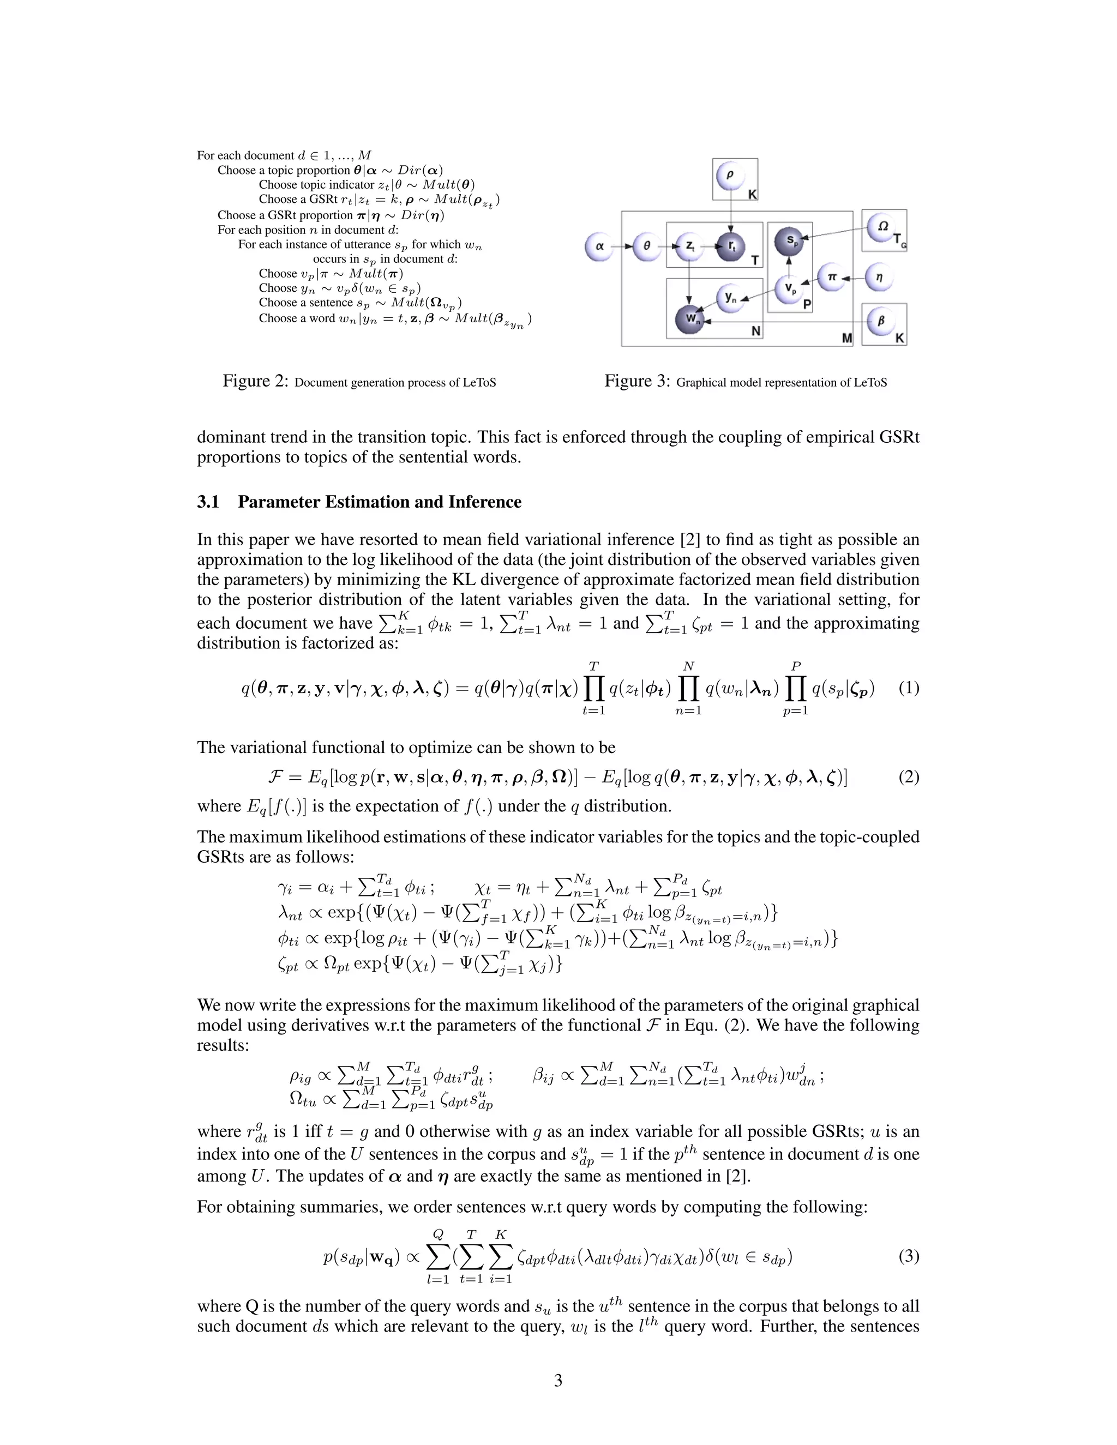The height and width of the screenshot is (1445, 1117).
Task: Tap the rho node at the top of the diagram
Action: (x=730, y=176)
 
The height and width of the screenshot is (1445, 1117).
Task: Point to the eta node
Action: (x=879, y=278)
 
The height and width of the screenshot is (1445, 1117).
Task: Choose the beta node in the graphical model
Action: (x=880, y=321)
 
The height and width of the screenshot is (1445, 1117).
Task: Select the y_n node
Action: (x=730, y=298)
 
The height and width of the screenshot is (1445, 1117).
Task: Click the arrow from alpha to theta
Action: (x=621, y=246)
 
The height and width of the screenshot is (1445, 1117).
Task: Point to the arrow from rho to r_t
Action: (x=730, y=212)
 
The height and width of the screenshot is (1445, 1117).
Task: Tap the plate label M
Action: (x=846, y=338)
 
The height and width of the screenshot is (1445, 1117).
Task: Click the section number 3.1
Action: (x=208, y=502)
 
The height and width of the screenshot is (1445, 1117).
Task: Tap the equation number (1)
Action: (x=909, y=688)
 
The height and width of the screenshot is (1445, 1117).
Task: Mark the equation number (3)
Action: (x=909, y=1256)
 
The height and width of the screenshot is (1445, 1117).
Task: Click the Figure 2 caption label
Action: (x=255, y=381)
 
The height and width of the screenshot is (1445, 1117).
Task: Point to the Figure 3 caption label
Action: (x=636, y=381)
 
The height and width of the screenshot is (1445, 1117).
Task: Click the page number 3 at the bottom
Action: (x=558, y=1380)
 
